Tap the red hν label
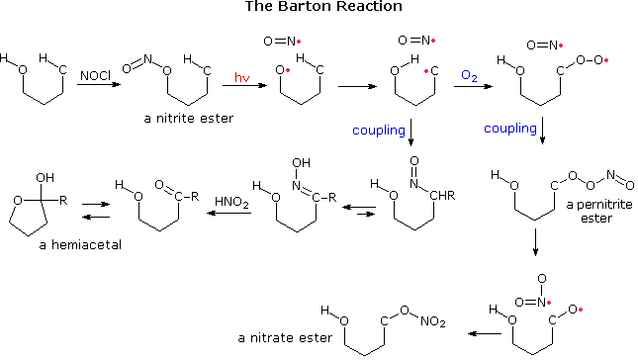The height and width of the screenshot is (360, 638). coord(242,76)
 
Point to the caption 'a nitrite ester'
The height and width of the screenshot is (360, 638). coord(181,118)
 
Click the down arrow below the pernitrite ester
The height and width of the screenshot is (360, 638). coord(535,241)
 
